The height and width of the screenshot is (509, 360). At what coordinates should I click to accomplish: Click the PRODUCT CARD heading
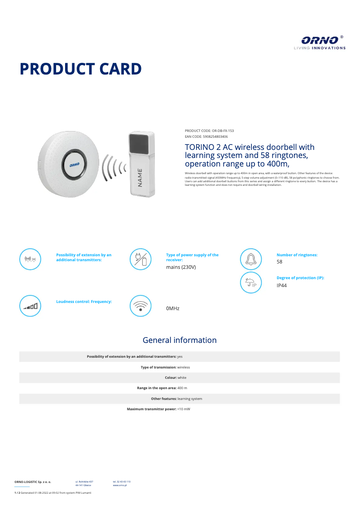tap(81, 69)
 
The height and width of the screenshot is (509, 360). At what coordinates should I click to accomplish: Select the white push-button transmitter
tap(142, 164)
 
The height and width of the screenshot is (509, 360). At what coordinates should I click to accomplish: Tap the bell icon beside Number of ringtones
tap(250, 259)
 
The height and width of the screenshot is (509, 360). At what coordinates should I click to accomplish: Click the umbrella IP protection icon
tap(250, 283)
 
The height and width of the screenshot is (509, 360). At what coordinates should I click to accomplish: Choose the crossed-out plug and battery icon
tap(140, 259)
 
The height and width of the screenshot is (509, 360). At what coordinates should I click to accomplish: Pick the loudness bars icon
tap(31, 306)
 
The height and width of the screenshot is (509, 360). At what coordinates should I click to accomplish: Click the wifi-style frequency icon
tap(140, 306)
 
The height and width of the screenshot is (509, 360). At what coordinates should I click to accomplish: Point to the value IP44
tap(281, 285)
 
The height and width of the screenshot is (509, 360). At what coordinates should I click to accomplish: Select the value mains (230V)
tap(181, 267)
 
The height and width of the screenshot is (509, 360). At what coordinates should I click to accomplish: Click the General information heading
tap(180, 340)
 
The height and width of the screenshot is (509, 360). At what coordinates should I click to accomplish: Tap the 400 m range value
tap(182, 388)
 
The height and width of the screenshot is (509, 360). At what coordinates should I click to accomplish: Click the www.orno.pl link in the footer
tap(119, 485)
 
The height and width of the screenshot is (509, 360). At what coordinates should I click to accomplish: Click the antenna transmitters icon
tap(31, 259)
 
